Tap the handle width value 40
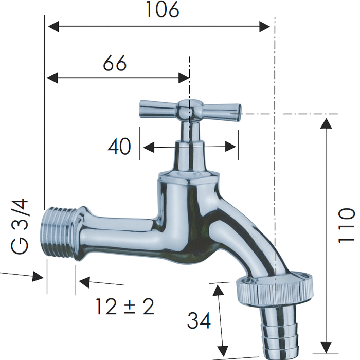[x=119, y=147]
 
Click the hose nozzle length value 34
[x=199, y=321]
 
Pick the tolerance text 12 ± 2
[x=125, y=307]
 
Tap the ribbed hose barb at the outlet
[x=280, y=329]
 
